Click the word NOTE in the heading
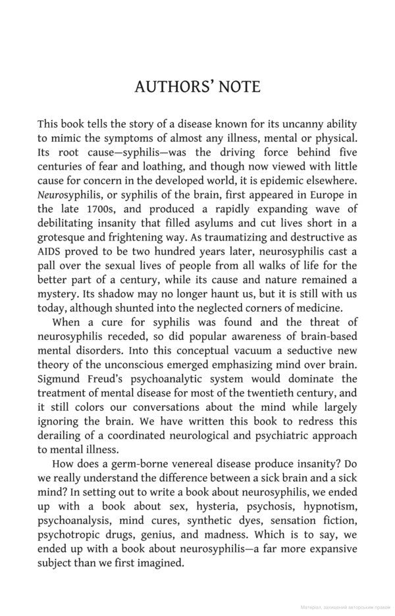point(236,87)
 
